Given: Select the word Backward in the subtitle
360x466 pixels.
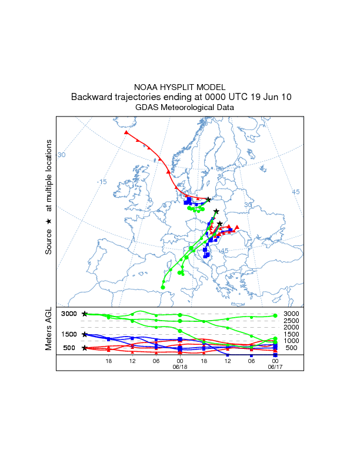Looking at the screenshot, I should click(x=92, y=97).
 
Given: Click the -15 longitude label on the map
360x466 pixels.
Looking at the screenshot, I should click(x=102, y=182).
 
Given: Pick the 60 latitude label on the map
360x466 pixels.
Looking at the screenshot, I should click(x=220, y=169).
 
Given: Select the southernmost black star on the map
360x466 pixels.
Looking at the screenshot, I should click(x=220, y=224).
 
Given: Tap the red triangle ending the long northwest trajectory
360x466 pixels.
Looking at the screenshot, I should click(x=126, y=132).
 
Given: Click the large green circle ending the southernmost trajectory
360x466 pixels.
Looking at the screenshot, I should click(x=163, y=287).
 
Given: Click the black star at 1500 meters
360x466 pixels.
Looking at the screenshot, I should click(x=85, y=334).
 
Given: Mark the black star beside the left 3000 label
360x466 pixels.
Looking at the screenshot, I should click(x=85, y=314).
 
